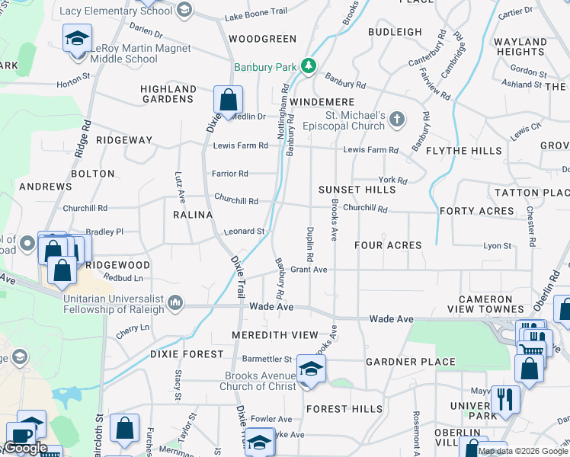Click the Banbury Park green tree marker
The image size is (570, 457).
pyautogui.click(x=308, y=67)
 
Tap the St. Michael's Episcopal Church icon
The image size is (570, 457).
pyautogui.click(x=396, y=119)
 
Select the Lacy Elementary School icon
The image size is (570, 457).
pyautogui.click(x=184, y=11)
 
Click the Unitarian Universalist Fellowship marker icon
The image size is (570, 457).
pyautogui.click(x=175, y=305)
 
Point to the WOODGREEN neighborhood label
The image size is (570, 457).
pyautogui.click(x=262, y=38)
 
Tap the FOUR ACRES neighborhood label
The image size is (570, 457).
pyautogui.click(x=388, y=245)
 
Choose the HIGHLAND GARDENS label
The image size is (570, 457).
pyautogui.click(x=168, y=94)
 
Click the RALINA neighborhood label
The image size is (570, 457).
pyautogui.click(x=192, y=215)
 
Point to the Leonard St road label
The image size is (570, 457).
pyautogui.click(x=244, y=232)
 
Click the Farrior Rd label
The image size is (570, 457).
pyautogui.click(x=231, y=174)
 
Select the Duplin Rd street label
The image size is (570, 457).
pyautogui.click(x=310, y=244)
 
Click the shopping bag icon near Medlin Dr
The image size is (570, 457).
pyautogui.click(x=228, y=100)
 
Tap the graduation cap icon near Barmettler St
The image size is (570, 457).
pyautogui.click(x=310, y=369)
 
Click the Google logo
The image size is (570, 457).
pyautogui.click(x=25, y=449)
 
